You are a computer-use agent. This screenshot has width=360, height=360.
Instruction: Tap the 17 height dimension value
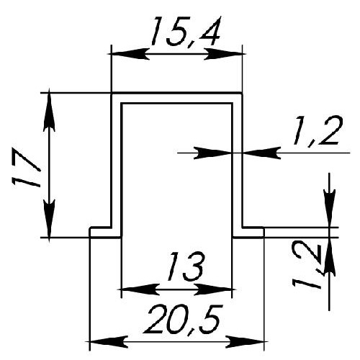point(26,167)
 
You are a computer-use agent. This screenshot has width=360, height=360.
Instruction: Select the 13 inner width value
point(185,266)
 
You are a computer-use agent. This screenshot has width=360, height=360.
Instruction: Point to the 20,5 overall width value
point(181,320)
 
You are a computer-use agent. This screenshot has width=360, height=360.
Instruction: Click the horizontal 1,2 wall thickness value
point(316,130)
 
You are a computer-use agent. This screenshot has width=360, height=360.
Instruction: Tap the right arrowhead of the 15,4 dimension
point(223,54)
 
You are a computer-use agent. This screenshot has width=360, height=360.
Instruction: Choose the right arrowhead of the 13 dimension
point(213,289)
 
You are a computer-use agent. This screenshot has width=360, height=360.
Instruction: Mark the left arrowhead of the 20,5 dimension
point(109,341)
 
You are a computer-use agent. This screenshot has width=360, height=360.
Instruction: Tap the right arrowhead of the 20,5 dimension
point(245,341)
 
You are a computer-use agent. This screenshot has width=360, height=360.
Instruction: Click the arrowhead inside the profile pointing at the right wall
point(213,153)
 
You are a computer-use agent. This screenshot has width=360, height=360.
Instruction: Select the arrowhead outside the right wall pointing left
point(262,153)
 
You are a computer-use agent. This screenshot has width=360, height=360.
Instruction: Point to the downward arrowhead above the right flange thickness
point(329,208)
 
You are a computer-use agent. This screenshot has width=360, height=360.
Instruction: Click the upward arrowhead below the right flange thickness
point(329,257)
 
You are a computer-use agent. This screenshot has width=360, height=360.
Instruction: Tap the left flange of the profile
point(105,232)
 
